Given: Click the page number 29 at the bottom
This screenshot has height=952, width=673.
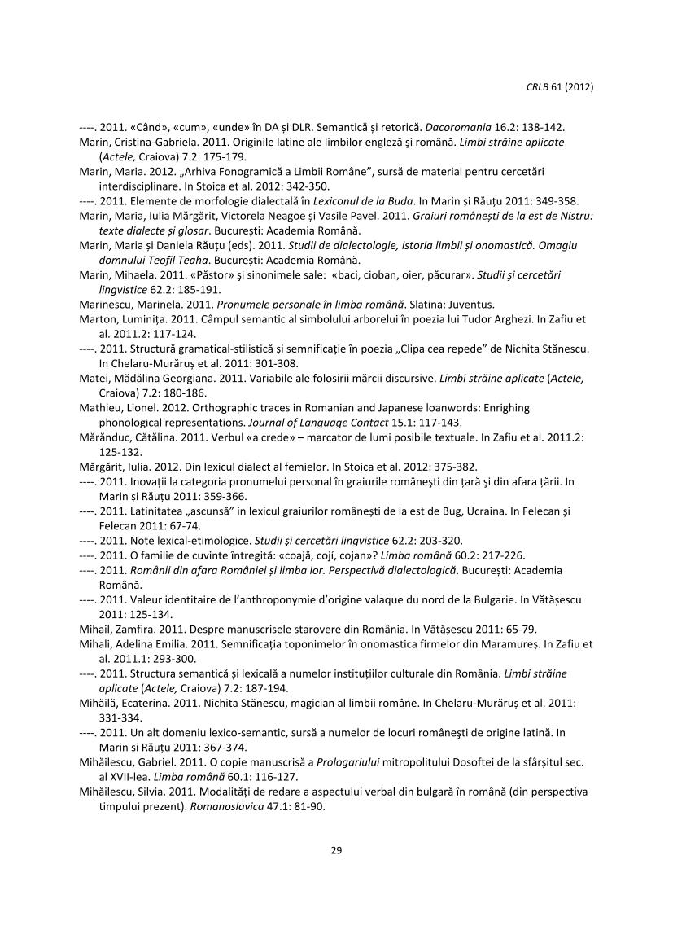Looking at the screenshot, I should pyautogui.click(x=336, y=850).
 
